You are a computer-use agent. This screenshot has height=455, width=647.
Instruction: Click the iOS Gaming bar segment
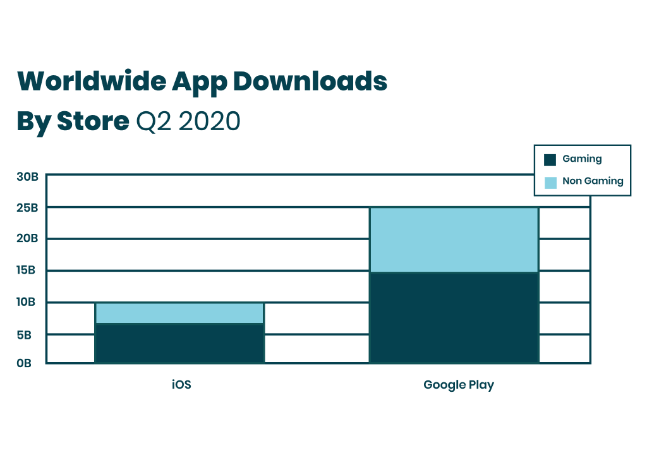click(x=179, y=343)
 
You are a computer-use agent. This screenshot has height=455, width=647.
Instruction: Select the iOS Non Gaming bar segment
click(x=179, y=313)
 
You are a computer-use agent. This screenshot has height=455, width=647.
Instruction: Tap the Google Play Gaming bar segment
click(x=454, y=317)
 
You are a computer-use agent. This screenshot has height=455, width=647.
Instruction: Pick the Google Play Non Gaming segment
click(x=454, y=240)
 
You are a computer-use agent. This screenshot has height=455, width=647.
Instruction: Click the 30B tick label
click(x=28, y=176)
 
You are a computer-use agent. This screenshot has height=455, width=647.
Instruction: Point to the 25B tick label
click(x=28, y=207)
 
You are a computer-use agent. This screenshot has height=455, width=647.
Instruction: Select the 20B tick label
click(x=28, y=239)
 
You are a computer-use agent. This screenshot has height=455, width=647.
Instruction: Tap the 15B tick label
click(x=28, y=270)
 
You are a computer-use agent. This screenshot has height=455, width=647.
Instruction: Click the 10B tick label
click(x=28, y=302)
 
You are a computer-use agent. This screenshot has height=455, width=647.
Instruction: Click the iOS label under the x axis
click(x=181, y=384)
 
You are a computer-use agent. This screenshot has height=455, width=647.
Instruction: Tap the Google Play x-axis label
click(x=459, y=384)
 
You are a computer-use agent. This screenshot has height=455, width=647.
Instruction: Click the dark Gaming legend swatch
click(x=550, y=160)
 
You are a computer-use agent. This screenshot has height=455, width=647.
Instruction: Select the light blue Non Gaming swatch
click(x=550, y=182)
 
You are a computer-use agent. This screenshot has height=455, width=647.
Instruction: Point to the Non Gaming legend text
click(x=593, y=181)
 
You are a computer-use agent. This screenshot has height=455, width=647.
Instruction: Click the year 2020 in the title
click(x=209, y=121)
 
